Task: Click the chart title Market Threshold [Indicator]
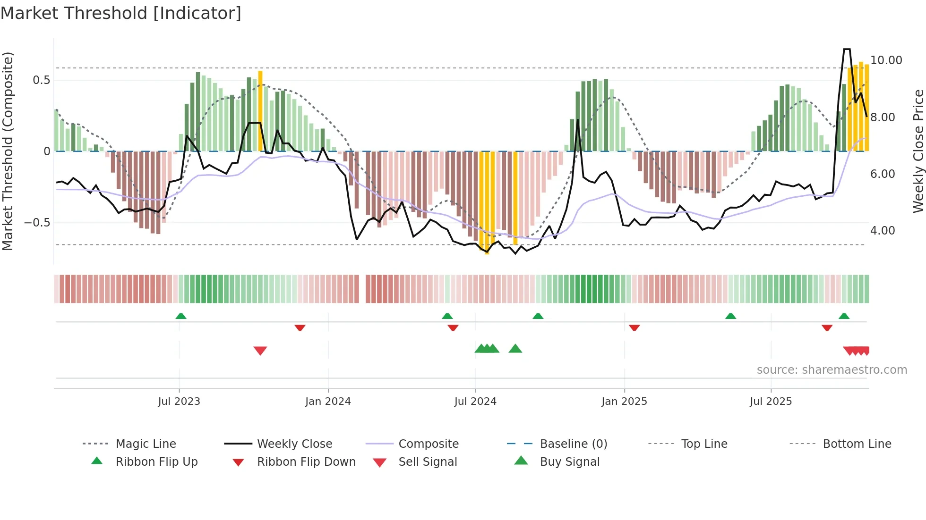pos(121,13)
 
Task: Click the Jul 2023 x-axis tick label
pos(179,402)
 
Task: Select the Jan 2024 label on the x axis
pos(328,402)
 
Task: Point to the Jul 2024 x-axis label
pos(475,402)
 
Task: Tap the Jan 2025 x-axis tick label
pos(624,402)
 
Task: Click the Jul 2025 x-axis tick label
pos(771,402)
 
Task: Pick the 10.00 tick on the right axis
pos(886,60)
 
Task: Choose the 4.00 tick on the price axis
pos(883,231)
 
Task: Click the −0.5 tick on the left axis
pos(37,223)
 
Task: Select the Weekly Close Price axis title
pos(918,151)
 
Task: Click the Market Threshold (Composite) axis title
pos(8,151)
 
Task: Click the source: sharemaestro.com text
pos(832,370)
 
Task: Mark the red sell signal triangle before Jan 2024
pos(260,351)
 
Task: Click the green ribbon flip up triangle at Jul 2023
pos(181,316)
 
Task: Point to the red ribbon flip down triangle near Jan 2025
pos(634,327)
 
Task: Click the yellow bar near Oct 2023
pos(260,111)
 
